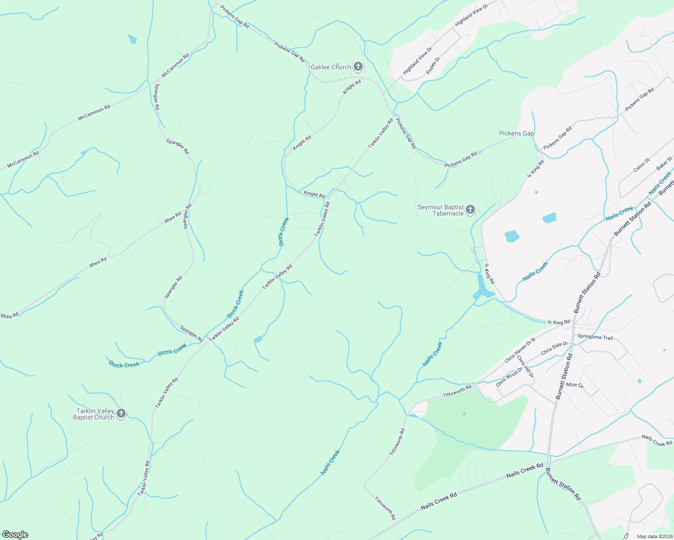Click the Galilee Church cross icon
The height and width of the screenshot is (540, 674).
(358, 67)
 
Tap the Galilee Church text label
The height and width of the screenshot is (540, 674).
(331, 67)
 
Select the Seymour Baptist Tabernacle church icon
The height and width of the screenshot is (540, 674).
(470, 210)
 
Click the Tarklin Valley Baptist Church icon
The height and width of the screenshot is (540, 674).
(121, 414)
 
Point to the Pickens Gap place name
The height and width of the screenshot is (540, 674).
(516, 134)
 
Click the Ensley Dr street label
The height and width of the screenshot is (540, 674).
(433, 66)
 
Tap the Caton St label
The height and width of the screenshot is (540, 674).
(642, 165)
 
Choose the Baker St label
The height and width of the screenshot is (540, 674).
(664, 163)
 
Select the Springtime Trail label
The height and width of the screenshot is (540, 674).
(595, 337)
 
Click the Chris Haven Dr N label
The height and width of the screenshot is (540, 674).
(519, 350)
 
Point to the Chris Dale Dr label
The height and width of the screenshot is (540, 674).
(554, 348)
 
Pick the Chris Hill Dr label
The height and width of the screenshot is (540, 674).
(525, 367)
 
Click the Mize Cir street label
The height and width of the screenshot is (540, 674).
(574, 385)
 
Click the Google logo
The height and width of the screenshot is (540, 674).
(15, 535)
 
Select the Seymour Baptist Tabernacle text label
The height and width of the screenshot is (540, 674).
(441, 210)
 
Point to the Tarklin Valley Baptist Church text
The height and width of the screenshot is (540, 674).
(94, 414)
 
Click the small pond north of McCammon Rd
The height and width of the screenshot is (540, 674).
(132, 39)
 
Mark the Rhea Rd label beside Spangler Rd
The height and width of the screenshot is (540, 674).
(173, 217)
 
